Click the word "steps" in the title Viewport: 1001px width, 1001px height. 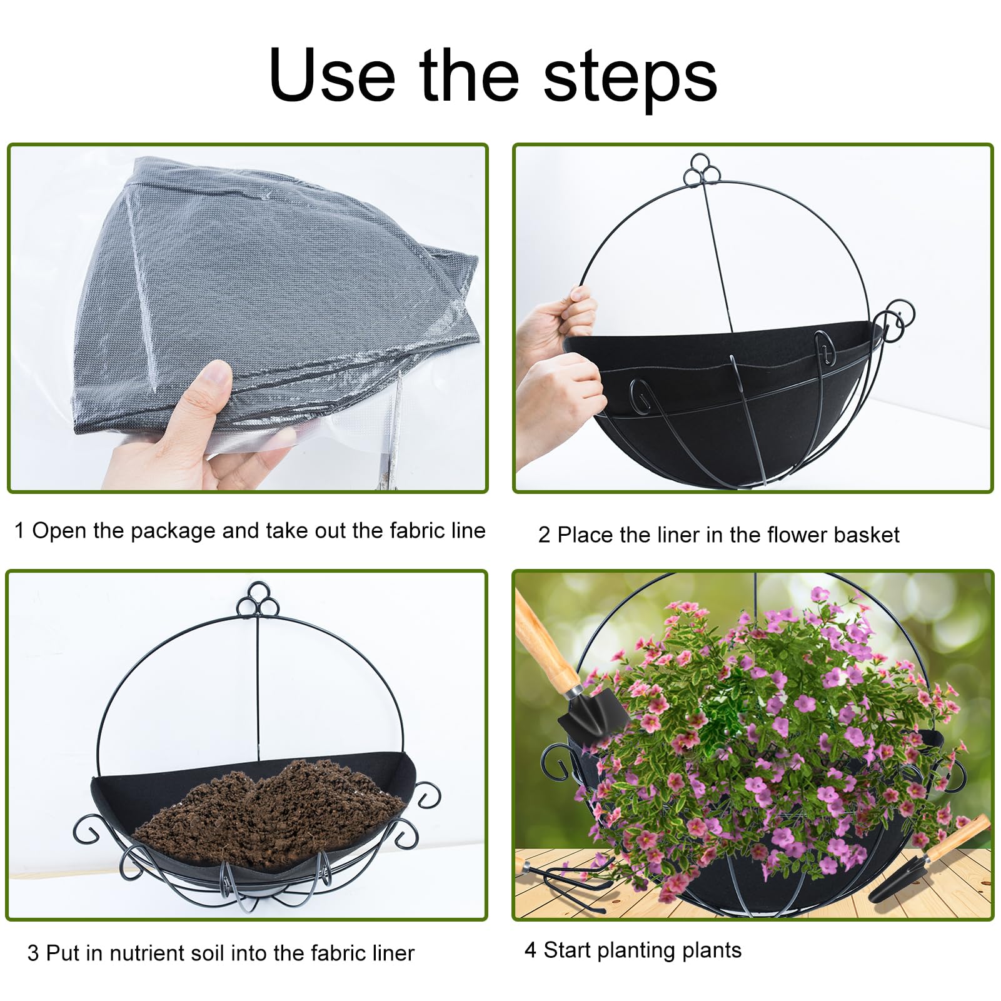pyautogui.click(x=630, y=76)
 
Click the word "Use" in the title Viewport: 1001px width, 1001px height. pyautogui.click(x=331, y=75)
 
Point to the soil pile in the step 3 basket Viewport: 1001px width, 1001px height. pyautogui.click(x=269, y=813)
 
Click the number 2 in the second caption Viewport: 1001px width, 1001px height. pyautogui.click(x=544, y=535)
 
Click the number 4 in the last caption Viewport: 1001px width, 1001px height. pyautogui.click(x=530, y=950)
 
